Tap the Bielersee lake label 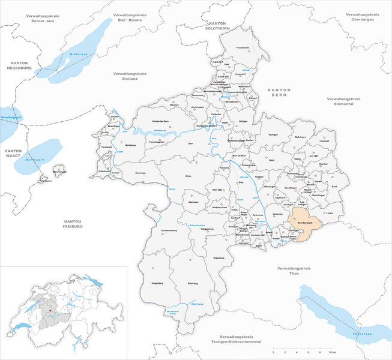tap(79, 53)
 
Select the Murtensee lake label tap(37, 160)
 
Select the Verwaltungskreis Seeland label tap(130, 76)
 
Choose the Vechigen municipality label tap(274, 134)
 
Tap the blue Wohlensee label tap(160, 129)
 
